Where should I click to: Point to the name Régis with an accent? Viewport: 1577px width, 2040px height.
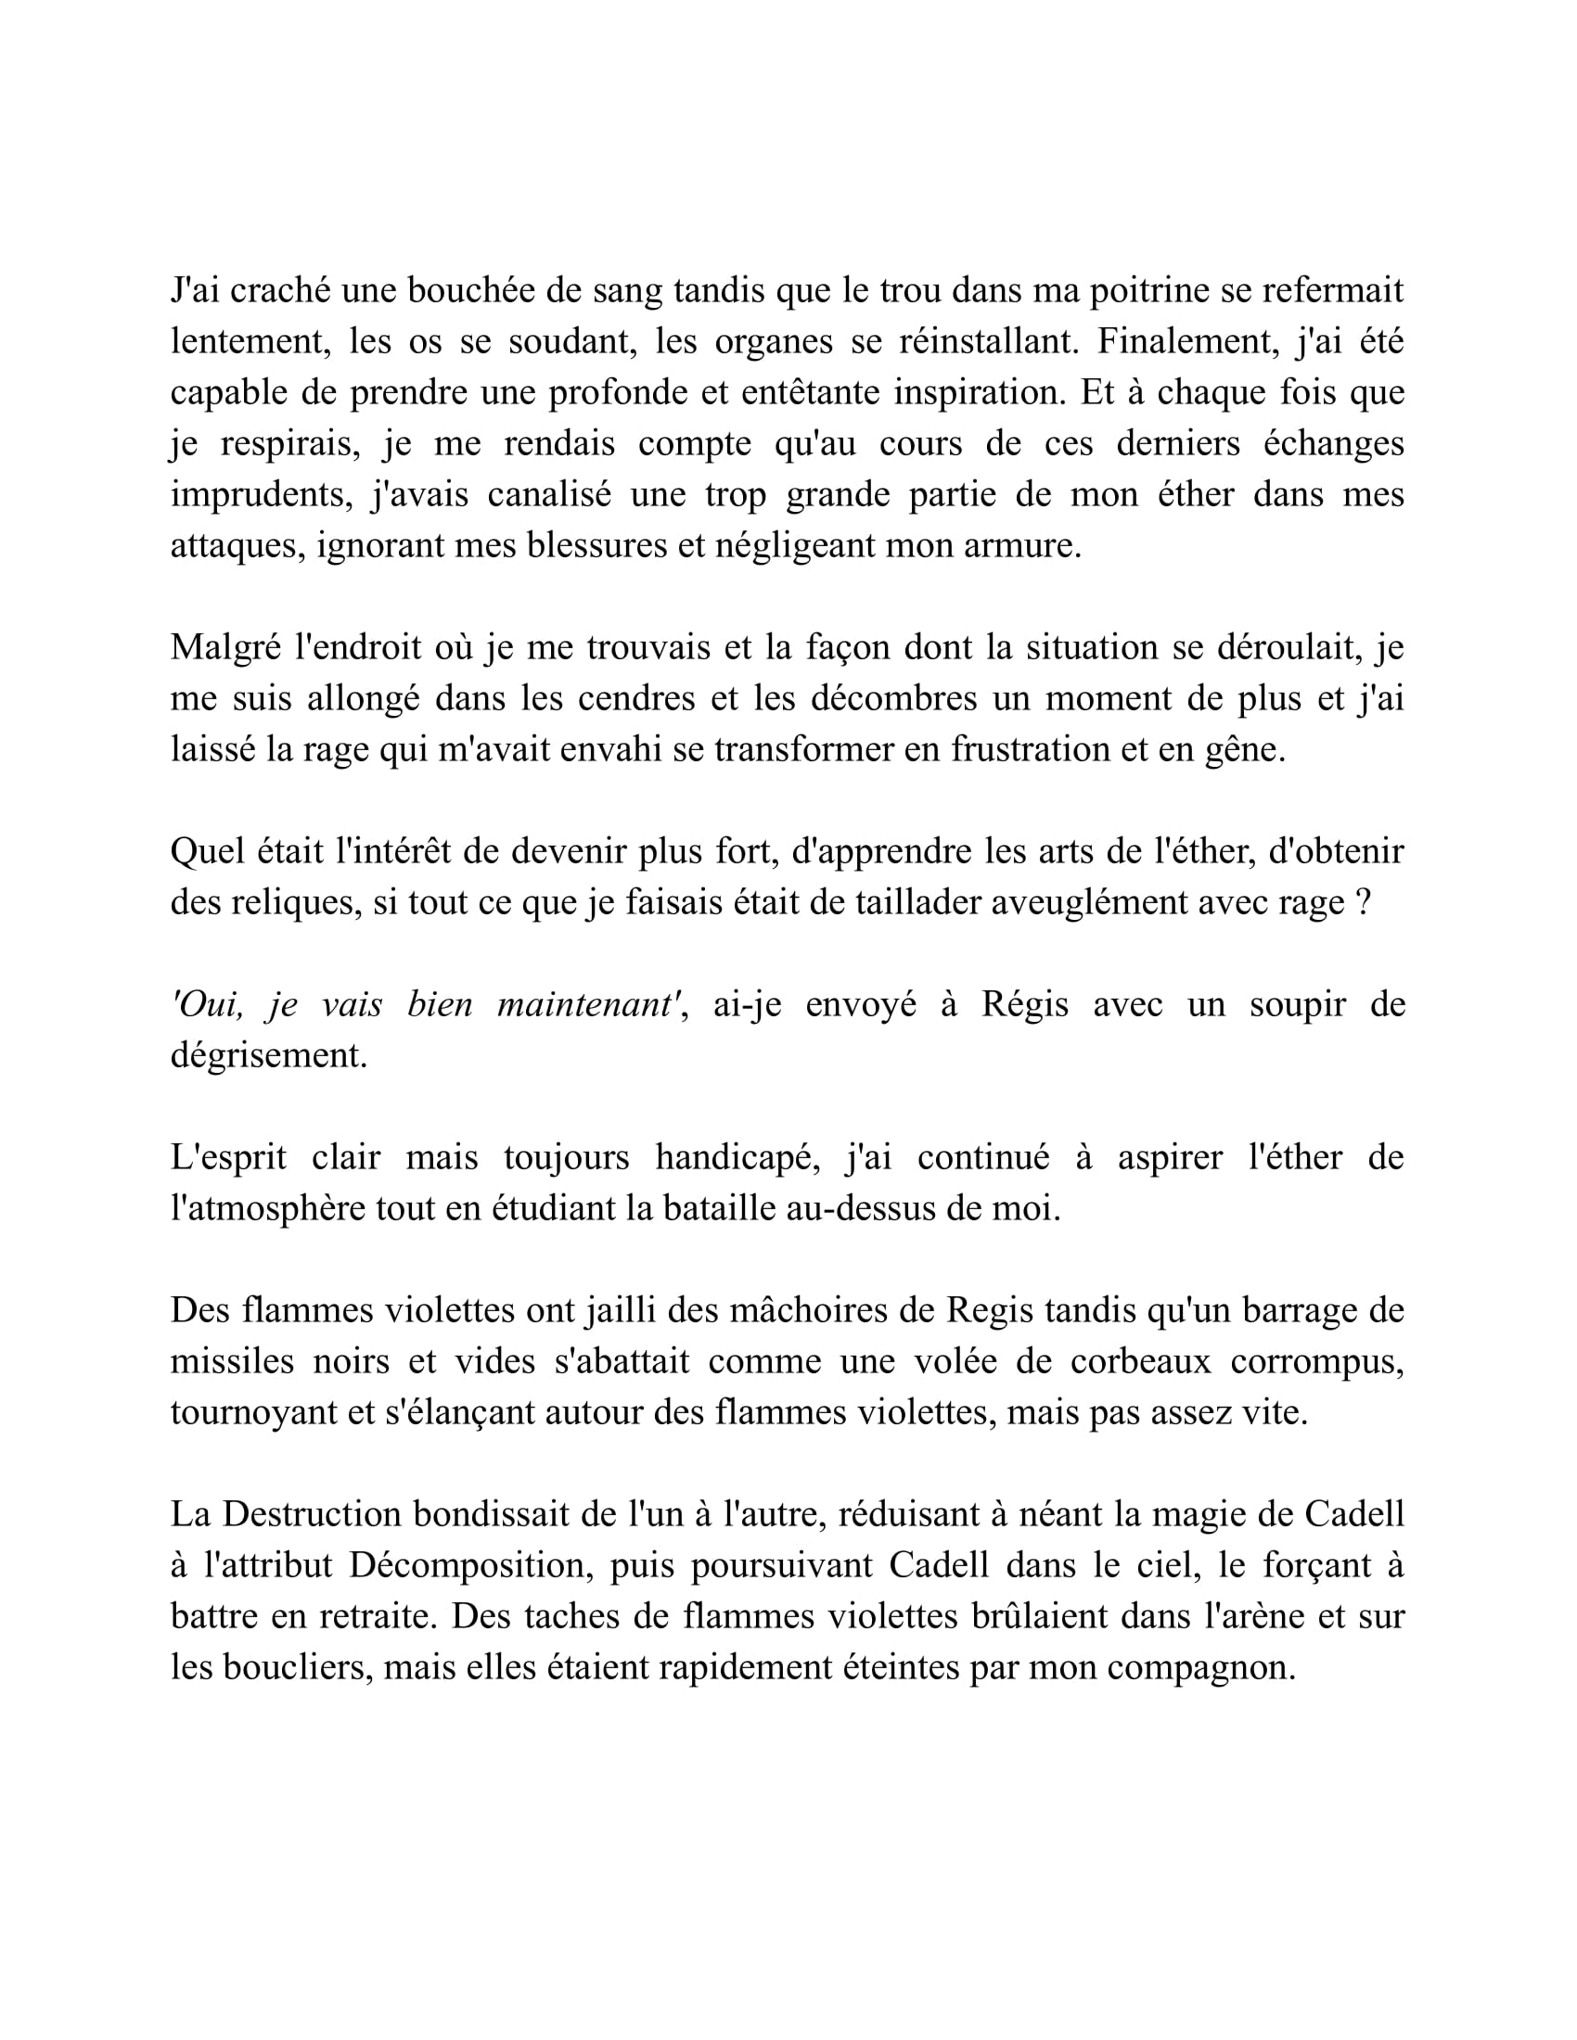coord(1025,1005)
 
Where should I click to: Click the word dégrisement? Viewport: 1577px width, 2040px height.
coord(269,1055)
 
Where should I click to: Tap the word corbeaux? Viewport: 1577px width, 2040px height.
coord(1140,1362)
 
